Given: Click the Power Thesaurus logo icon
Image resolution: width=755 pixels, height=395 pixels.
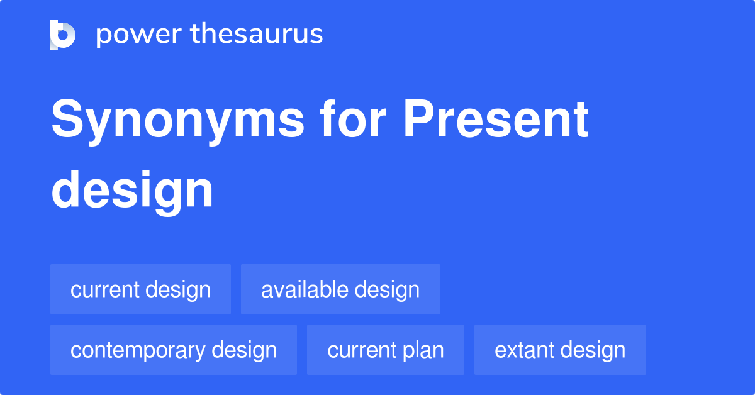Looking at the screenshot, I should (x=63, y=35).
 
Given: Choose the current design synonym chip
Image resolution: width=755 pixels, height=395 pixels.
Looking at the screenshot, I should (x=140, y=290).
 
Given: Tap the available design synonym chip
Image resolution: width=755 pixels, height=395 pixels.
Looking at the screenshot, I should (x=340, y=290).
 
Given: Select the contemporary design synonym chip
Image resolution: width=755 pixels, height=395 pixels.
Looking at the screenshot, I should (x=174, y=350).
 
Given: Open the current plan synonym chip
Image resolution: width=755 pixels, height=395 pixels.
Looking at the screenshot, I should (x=386, y=350).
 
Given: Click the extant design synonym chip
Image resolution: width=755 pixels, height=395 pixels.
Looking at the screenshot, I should (x=560, y=350).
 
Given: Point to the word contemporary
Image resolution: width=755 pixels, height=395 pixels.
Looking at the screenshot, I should (x=137, y=350).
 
